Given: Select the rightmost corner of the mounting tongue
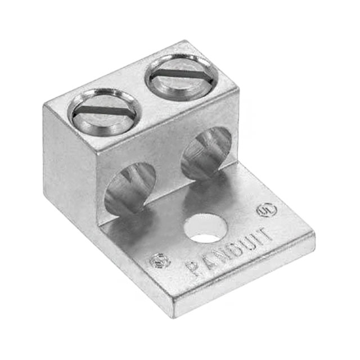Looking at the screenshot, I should pyautogui.click(x=313, y=242).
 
